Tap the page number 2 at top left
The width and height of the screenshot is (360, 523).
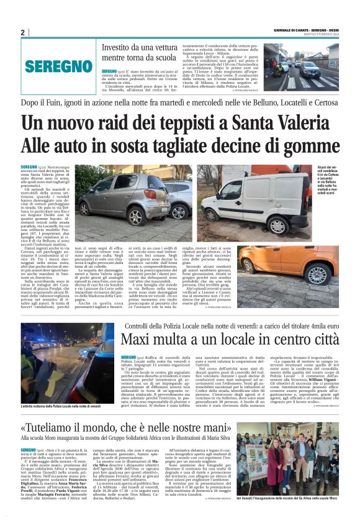pos(22,32)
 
